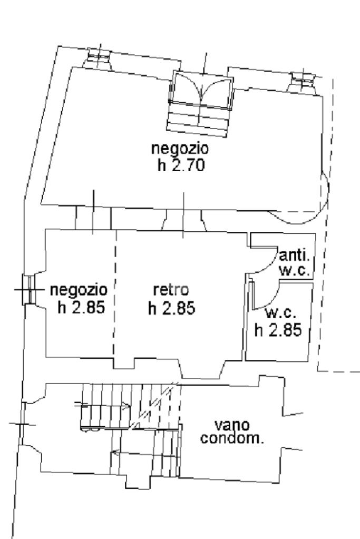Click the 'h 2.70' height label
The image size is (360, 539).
pyautogui.click(x=181, y=165)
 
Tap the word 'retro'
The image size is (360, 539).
pyautogui.click(x=171, y=290)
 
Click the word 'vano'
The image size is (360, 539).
pyautogui.click(x=232, y=425)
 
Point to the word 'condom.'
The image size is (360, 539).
pyautogui.click(x=232, y=438)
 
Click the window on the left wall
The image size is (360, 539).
pyautogui.click(x=29, y=289)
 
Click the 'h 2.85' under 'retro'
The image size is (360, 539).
pyautogui.click(x=172, y=308)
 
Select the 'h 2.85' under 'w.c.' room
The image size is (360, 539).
pyautogui.click(x=278, y=330)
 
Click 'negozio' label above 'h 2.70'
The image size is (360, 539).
pyautogui.click(x=180, y=149)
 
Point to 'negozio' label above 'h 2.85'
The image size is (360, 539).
pyautogui.click(x=79, y=290)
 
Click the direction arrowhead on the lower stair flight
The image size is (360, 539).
pyautogui.click(x=115, y=453)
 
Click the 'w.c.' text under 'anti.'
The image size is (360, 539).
pyautogui.click(x=294, y=270)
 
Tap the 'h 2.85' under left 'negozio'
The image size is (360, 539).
pyautogui.click(x=81, y=307)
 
